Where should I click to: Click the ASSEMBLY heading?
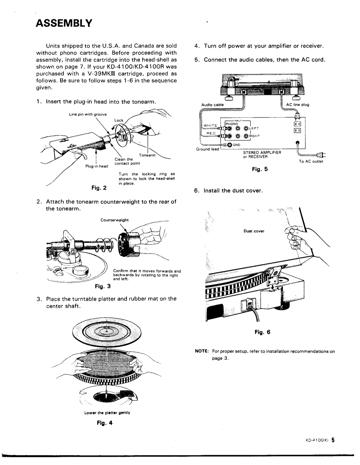click(64, 23)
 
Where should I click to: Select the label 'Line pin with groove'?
click(88, 114)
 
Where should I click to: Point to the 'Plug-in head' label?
click(97, 166)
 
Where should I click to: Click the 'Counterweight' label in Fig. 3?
click(114, 220)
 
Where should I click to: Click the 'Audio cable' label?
click(212, 105)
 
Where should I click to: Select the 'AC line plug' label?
click(298, 105)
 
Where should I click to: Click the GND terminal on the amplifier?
click(229, 145)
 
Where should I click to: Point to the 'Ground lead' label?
click(208, 149)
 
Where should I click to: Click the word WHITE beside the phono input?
click(210, 125)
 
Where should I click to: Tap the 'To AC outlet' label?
click(311, 162)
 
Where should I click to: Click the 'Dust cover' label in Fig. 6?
click(254, 231)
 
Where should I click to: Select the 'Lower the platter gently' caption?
click(107, 413)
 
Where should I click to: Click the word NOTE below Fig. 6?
click(201, 351)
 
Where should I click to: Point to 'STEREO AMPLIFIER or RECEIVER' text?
click(262, 155)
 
